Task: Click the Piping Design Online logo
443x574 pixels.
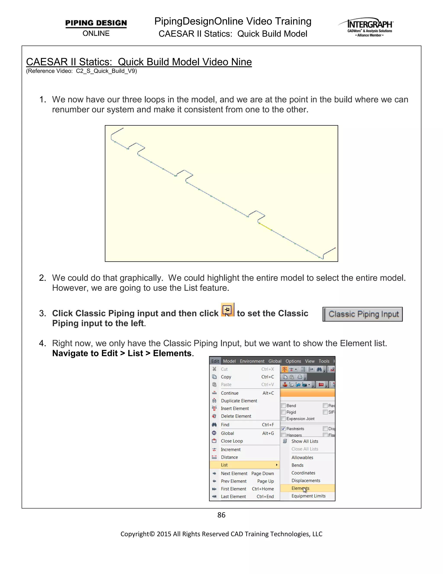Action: click(x=96, y=27)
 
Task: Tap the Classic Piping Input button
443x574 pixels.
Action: click(x=363, y=314)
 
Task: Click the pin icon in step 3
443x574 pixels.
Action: click(x=227, y=310)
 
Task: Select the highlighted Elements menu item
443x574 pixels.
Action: click(x=300, y=488)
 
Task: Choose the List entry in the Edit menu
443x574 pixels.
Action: click(x=224, y=465)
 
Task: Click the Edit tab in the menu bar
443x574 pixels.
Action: click(x=215, y=361)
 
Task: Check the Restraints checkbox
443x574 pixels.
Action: click(x=283, y=429)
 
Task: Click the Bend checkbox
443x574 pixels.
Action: click(x=283, y=405)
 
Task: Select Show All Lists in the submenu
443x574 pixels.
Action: click(x=304, y=441)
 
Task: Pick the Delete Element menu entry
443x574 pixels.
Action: click(x=236, y=416)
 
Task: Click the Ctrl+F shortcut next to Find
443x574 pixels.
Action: click(x=268, y=425)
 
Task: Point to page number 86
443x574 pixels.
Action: click(x=221, y=515)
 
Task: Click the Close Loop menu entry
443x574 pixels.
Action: click(x=232, y=441)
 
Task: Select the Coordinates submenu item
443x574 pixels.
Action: click(x=303, y=473)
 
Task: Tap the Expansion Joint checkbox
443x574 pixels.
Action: click(x=283, y=419)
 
